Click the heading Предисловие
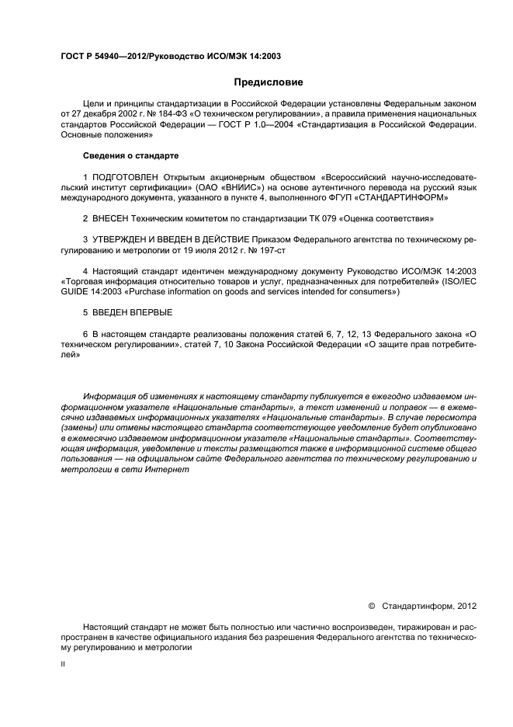point(269,82)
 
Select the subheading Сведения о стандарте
point(130,155)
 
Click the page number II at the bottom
point(64,665)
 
